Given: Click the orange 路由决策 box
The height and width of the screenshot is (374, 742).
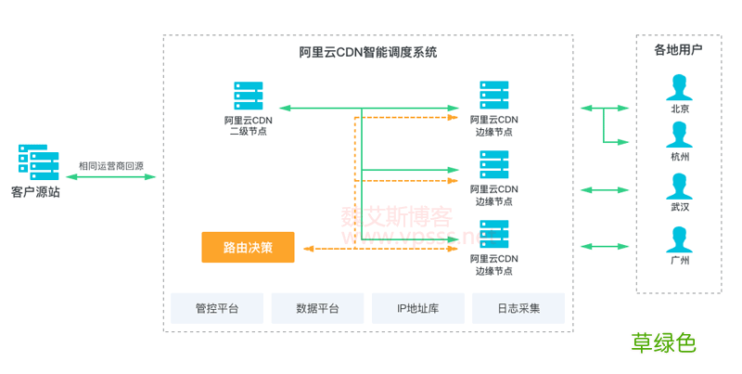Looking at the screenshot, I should coord(248,247).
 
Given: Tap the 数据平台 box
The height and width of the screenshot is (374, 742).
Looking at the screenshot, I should coord(317,308).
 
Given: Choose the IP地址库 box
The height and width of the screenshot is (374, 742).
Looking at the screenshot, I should coord(417,308).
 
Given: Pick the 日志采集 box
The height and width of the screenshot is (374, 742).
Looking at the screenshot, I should coord(518,308).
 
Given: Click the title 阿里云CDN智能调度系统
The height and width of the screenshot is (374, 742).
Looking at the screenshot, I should coord(368,53).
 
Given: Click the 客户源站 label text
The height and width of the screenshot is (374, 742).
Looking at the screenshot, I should coord(35,192).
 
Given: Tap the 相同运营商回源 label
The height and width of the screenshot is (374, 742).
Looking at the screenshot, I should coord(111,165).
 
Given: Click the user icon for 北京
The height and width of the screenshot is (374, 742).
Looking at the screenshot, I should coord(680,87).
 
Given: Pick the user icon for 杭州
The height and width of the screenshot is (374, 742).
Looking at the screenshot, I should coord(680,135).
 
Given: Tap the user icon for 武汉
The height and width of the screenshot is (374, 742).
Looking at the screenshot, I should coord(680,186).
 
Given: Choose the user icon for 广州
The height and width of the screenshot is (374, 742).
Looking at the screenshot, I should coord(680,239).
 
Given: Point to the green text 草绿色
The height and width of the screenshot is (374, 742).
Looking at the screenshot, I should coord(664,342).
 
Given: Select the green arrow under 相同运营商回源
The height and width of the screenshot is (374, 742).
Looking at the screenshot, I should coord(111,176).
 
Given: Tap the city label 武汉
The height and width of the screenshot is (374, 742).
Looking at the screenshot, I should coord(680,207).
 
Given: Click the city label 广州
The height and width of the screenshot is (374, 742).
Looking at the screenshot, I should coord(680,261).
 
